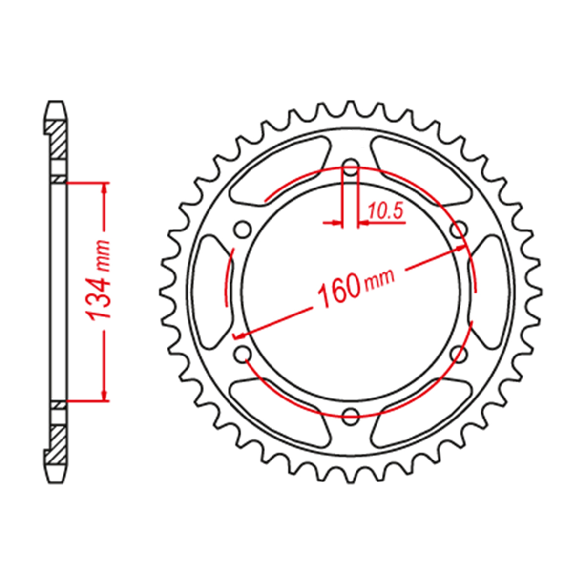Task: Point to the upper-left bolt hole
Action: (244, 230)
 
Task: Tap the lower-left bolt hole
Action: (244, 354)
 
